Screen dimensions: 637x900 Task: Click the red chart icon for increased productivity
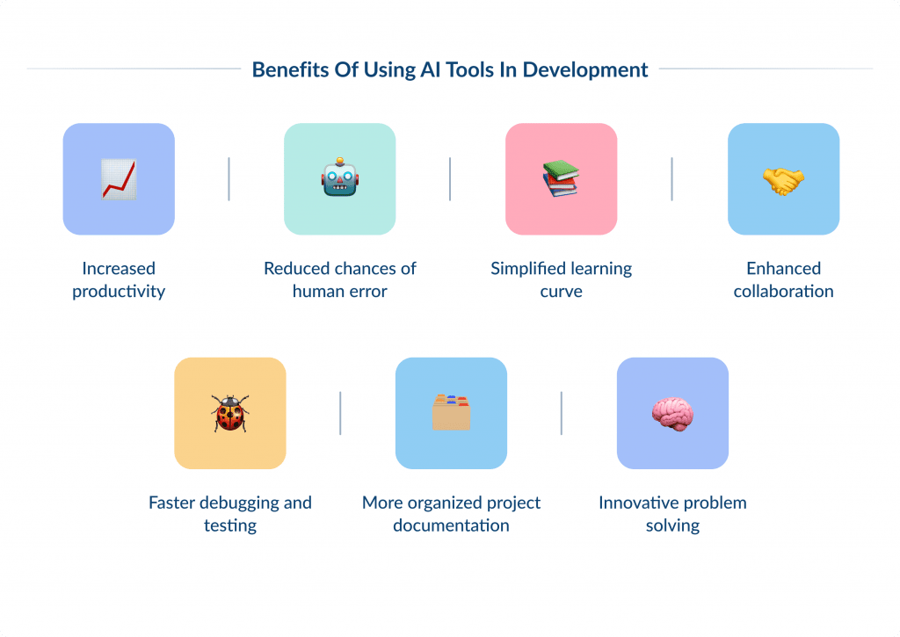[119, 179]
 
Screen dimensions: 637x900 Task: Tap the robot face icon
[340, 179]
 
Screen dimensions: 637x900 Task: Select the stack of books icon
[561, 179]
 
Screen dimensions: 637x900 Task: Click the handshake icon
[783, 180]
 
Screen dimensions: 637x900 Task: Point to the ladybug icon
[230, 413]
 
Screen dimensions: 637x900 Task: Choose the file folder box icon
[451, 413]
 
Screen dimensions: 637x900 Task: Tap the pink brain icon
[672, 413]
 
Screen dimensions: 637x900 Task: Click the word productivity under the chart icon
[119, 292]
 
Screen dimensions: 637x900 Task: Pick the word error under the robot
[367, 292]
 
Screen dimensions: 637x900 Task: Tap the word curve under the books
[561, 292]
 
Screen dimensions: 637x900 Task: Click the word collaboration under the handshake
[783, 292]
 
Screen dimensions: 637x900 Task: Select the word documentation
[451, 525]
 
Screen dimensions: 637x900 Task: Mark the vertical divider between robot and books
[450, 179]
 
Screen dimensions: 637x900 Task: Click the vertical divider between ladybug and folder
[340, 413]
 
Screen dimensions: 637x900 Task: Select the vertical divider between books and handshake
[671, 179]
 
